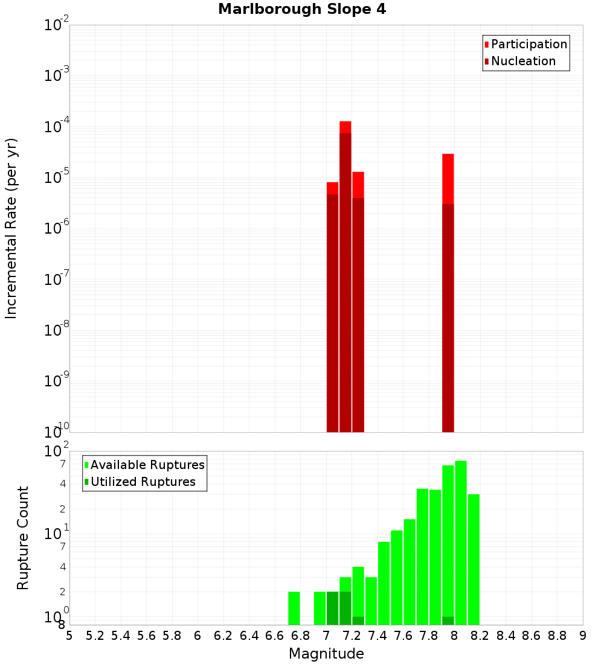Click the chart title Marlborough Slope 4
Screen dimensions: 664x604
301,9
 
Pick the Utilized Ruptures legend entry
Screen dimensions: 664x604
143,482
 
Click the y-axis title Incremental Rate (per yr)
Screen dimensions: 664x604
11,229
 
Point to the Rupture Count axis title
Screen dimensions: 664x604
23,538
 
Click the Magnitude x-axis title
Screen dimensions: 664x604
326,654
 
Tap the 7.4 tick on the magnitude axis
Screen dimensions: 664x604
377,636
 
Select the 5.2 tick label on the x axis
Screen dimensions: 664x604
95,636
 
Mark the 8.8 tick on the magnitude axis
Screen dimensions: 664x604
557,636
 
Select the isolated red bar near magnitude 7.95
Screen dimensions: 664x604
448,290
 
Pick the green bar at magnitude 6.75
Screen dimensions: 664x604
294,608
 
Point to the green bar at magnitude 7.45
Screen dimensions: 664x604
384,583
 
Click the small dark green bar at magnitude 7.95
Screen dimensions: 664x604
448,621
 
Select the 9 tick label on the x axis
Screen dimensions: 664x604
583,636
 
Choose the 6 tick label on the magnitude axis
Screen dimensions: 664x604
198,636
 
